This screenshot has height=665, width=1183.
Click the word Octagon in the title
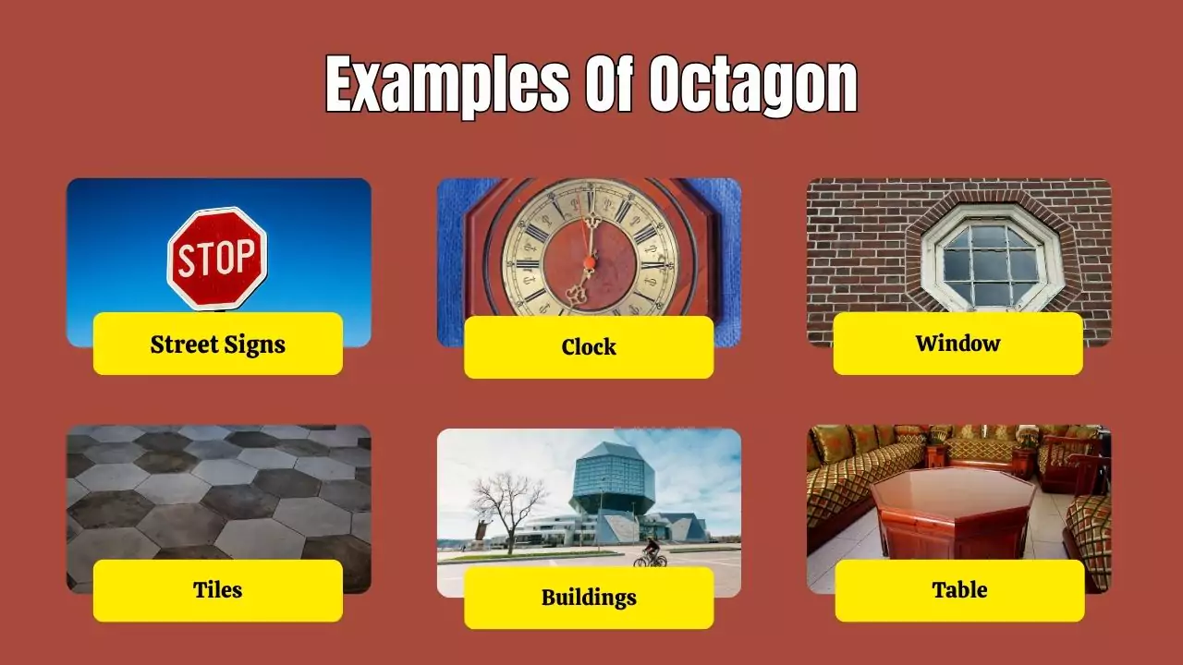coord(752,86)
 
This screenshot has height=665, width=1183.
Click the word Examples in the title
coord(446,86)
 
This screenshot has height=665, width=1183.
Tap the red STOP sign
coord(217,258)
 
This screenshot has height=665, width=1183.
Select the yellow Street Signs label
coord(218,344)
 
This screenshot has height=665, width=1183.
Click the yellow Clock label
coord(589,347)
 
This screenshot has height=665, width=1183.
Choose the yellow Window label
coord(957,344)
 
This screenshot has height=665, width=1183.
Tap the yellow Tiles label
coord(218,590)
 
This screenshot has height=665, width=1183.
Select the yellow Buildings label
coord(589,598)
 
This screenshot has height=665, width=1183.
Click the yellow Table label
coord(959,590)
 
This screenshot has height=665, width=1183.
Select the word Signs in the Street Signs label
coord(253,345)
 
